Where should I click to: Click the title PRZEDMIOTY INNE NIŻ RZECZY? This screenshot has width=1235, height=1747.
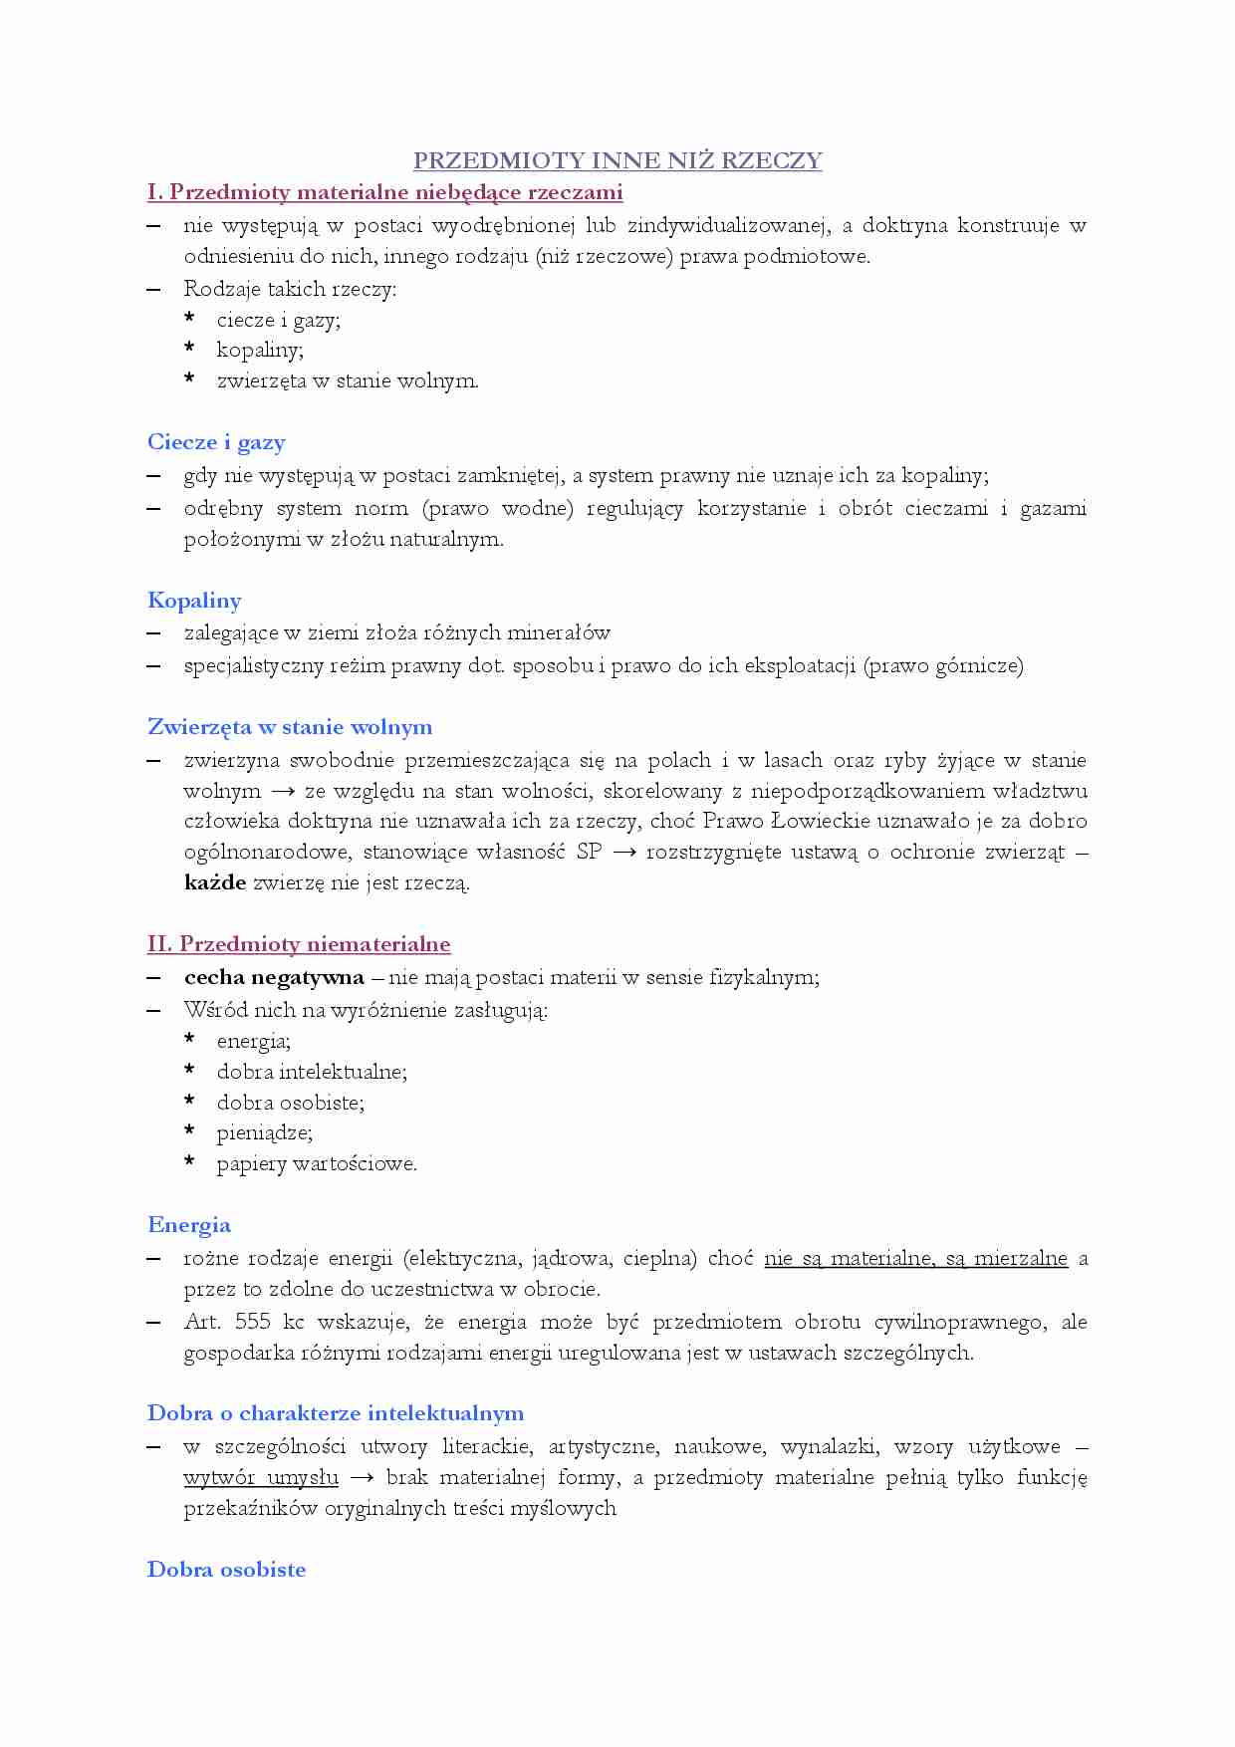pos(617,161)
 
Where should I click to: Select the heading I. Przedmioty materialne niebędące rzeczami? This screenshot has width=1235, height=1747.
pos(384,192)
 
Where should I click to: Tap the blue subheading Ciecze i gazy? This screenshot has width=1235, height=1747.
pos(216,442)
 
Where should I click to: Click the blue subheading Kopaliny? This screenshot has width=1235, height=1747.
pos(194,601)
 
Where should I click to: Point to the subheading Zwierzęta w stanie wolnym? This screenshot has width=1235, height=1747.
pos(290,727)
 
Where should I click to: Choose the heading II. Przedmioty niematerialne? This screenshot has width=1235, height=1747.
pos(299,944)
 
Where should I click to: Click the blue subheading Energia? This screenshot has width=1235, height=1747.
pos(189,1225)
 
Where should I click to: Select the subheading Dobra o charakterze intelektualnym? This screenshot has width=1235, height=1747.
pos(336,1413)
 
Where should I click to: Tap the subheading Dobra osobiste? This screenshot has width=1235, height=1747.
pos(226,1570)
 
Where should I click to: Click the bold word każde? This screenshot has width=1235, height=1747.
pos(215,882)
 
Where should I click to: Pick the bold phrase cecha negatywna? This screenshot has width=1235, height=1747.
pos(274,977)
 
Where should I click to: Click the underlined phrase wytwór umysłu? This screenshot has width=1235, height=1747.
pos(261,1477)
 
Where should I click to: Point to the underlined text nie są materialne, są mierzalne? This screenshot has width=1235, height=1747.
pos(915,1258)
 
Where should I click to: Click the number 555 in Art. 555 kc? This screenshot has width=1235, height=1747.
pos(253,1322)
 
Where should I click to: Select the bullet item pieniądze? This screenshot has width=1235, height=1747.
pos(264,1132)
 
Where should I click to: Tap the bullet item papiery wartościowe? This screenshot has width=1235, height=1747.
pos(317,1163)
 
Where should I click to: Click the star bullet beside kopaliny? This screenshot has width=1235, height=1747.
pos(189,349)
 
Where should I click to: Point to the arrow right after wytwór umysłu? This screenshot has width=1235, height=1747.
pos(363,1478)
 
